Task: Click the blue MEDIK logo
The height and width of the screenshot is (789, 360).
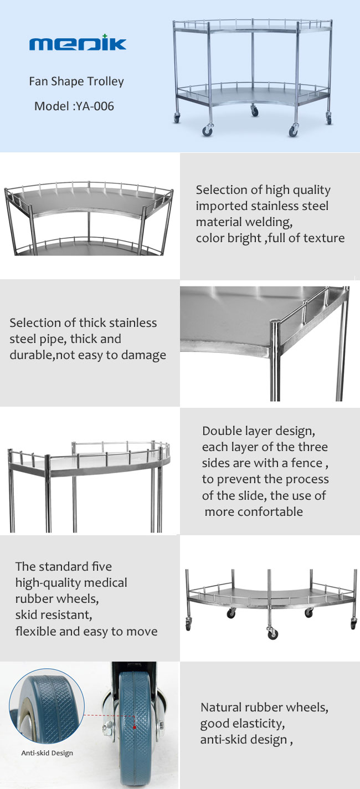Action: coord(78,44)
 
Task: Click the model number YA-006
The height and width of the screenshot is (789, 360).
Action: coord(94,106)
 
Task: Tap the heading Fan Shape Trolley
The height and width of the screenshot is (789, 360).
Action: coord(76,81)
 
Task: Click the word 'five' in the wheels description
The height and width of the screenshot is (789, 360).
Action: coord(100,566)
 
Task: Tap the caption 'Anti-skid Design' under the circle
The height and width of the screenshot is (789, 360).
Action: coord(47,753)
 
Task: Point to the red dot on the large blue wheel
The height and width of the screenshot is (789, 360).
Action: coord(133,724)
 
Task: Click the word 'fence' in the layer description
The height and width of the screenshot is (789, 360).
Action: coord(310,463)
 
